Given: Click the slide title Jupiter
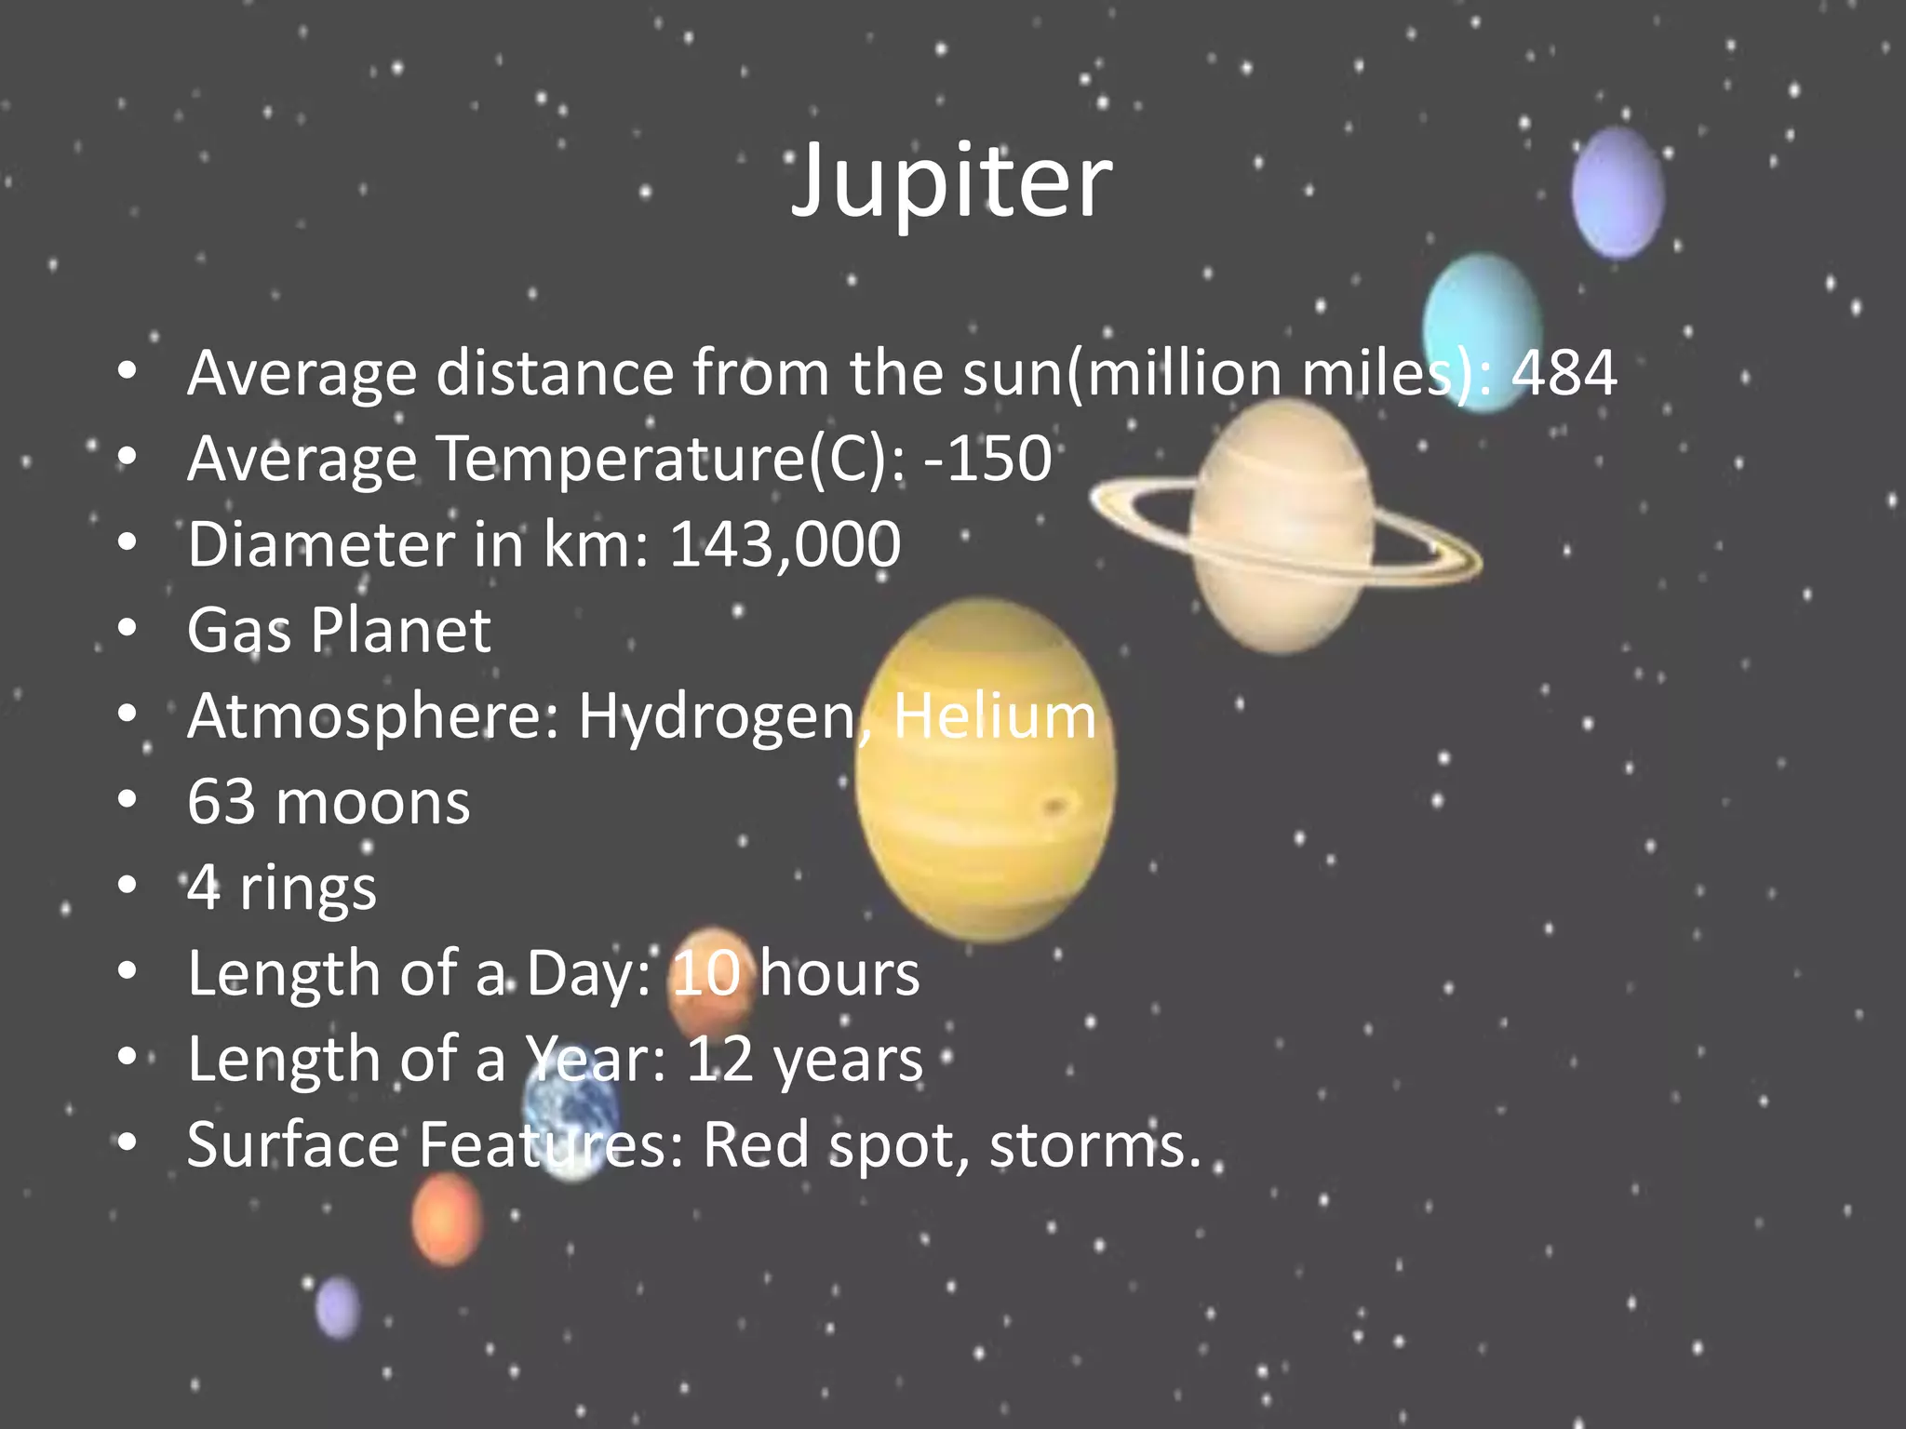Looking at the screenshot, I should pos(951,181).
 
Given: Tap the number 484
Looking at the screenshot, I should pos(1564,373).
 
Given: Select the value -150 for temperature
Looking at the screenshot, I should pos(987,459).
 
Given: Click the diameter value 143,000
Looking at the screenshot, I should pos(785,544).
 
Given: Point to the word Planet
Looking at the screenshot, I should pos(400,630).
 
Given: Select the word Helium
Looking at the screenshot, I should pos(995,716).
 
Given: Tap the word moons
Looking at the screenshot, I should pos(372,802).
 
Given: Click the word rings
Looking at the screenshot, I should pos(308,888).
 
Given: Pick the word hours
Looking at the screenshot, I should pos(839,974).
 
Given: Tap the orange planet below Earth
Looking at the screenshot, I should pos(447,1219).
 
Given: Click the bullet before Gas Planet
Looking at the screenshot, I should pos(128,629).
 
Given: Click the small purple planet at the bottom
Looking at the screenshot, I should pos(337,1307).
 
